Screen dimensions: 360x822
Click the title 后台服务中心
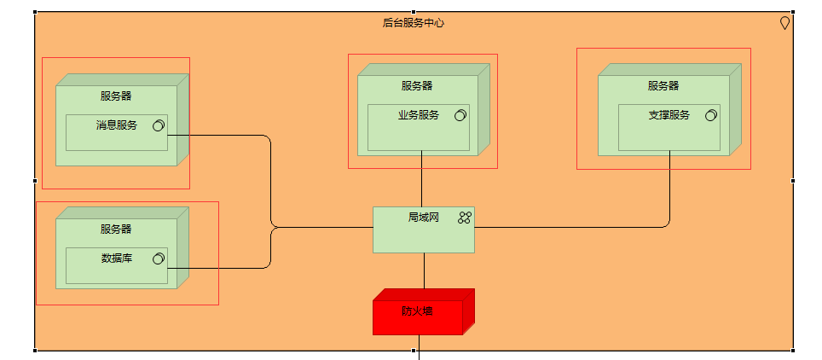tap(413, 23)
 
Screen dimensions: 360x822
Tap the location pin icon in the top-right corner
tap(784, 24)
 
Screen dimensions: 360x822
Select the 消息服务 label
tap(117, 125)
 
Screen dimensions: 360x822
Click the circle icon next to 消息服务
tap(158, 126)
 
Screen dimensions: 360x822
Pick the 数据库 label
tap(117, 258)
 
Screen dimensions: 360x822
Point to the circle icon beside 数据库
tap(158, 258)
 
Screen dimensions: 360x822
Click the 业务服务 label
tap(419, 115)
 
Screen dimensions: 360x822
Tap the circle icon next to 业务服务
tap(460, 115)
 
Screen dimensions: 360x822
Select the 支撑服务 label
tap(669, 115)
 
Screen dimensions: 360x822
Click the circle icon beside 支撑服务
tap(710, 115)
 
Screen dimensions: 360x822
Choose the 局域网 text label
tap(423, 218)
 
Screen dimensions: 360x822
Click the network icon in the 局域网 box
tap(464, 218)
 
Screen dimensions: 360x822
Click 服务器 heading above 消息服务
tap(116, 96)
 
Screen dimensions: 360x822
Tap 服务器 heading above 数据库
tap(116, 229)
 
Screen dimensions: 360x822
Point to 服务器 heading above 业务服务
tap(417, 85)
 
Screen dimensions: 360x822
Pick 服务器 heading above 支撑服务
tap(663, 85)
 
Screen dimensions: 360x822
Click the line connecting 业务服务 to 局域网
tap(422, 179)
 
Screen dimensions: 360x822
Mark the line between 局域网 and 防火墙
tap(424, 271)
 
